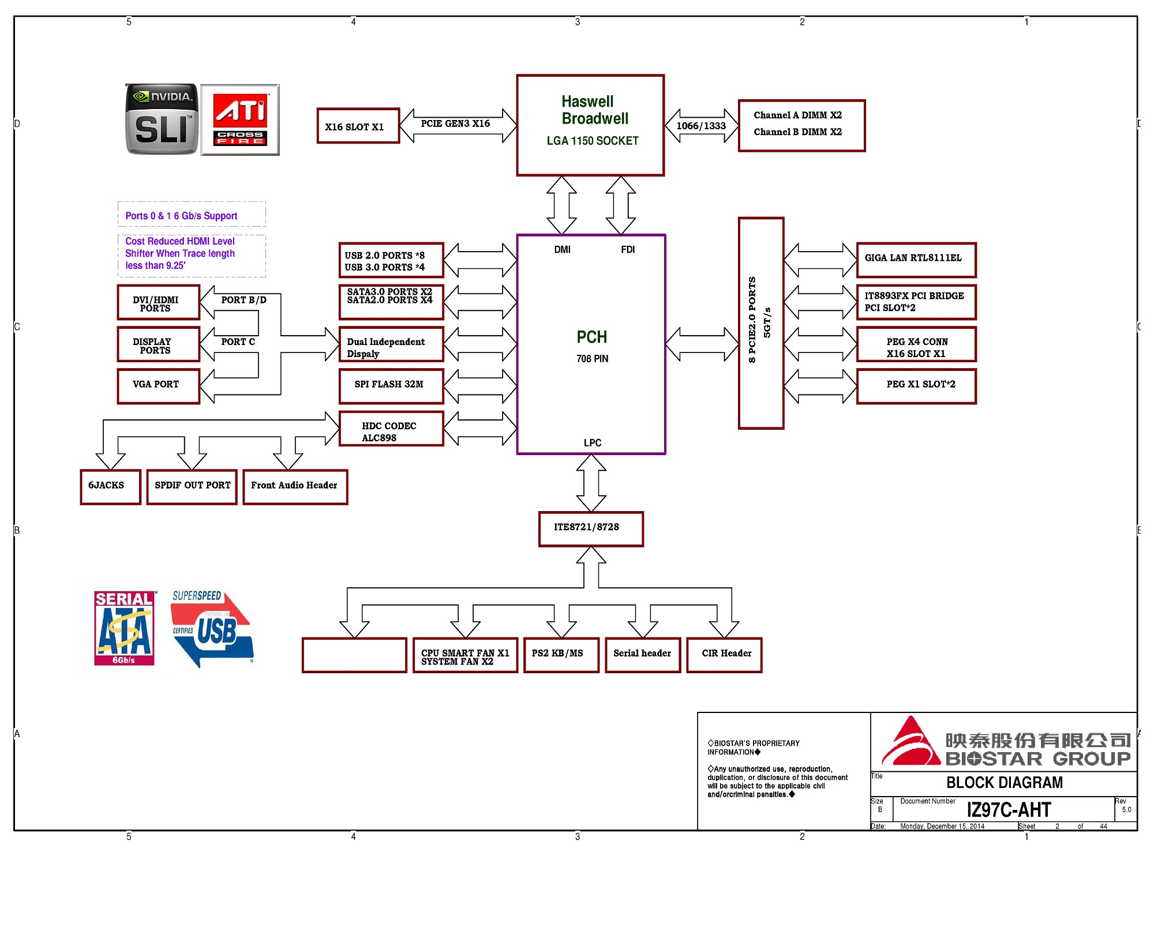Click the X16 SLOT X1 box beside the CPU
[x=358, y=126]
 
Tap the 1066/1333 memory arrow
[x=701, y=126]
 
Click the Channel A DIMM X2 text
[x=797, y=115]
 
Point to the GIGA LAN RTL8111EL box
[x=916, y=260]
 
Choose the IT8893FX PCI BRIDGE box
[x=916, y=302]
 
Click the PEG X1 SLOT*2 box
[x=916, y=386]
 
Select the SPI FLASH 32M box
[x=391, y=386]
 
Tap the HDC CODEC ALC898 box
[x=391, y=429]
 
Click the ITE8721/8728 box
[x=591, y=528]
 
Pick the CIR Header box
[x=724, y=655]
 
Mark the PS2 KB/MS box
[x=561, y=655]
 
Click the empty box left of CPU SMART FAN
[x=354, y=655]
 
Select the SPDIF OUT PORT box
[x=192, y=487]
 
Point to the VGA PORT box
[x=158, y=386]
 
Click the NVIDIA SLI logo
[x=162, y=119]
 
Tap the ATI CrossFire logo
[x=240, y=120]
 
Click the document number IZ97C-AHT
[x=1009, y=810]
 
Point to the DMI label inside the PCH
[x=562, y=250]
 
